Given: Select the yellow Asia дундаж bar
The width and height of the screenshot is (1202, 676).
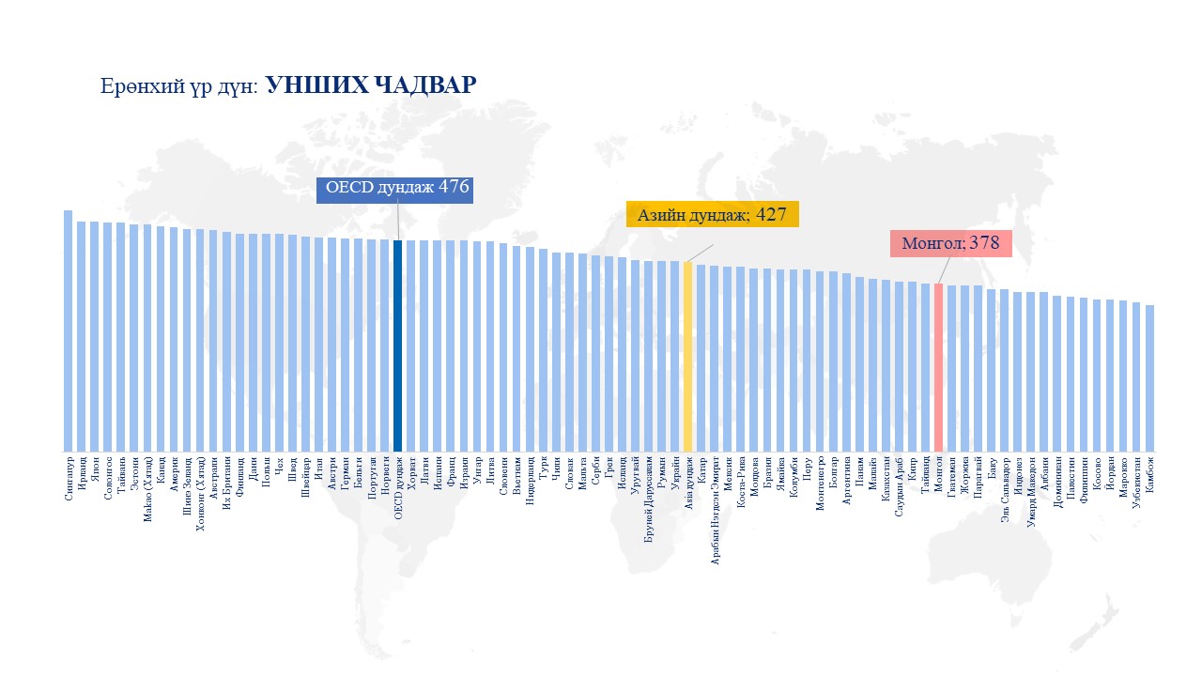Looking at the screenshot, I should [687, 357].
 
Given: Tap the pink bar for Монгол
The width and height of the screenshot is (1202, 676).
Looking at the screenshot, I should [938, 367].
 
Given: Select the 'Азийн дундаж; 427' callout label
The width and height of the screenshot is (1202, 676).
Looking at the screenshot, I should [712, 214].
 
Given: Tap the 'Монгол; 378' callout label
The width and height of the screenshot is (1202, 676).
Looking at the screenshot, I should [950, 243].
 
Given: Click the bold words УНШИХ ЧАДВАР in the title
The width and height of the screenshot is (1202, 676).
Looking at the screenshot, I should [371, 85].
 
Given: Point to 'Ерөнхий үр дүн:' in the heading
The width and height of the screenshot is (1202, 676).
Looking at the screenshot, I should [179, 87].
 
